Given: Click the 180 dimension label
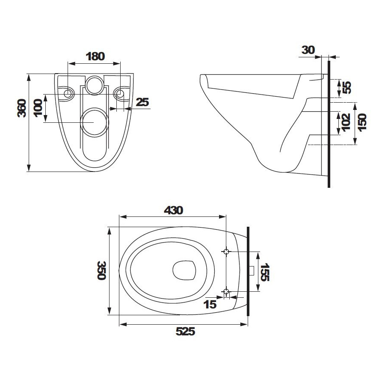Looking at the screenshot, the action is [95, 56].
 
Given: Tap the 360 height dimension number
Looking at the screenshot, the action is [22, 108].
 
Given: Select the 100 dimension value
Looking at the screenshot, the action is [38, 108].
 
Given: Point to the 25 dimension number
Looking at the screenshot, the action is [142, 102].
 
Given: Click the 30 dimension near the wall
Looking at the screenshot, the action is [308, 50].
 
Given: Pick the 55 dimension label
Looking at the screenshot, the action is [347, 87].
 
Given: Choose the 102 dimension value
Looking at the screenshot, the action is [346, 122].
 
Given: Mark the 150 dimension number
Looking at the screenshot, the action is [362, 122].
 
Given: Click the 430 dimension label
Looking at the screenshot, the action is [174, 210].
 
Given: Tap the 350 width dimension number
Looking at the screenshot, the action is [101, 270].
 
